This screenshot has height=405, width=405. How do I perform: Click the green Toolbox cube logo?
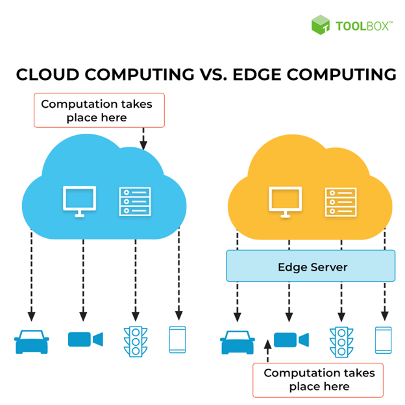(321, 25)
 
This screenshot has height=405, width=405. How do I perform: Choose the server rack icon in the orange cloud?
(340, 202)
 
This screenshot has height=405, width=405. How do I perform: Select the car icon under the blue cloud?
(32, 341)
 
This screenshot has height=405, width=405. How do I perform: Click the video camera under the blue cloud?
(85, 339)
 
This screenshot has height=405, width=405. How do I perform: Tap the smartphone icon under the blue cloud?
(177, 339)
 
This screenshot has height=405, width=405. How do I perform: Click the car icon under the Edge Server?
(237, 341)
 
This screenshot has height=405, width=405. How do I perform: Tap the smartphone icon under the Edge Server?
(383, 339)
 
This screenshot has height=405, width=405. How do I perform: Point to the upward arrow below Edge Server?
(267, 351)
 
